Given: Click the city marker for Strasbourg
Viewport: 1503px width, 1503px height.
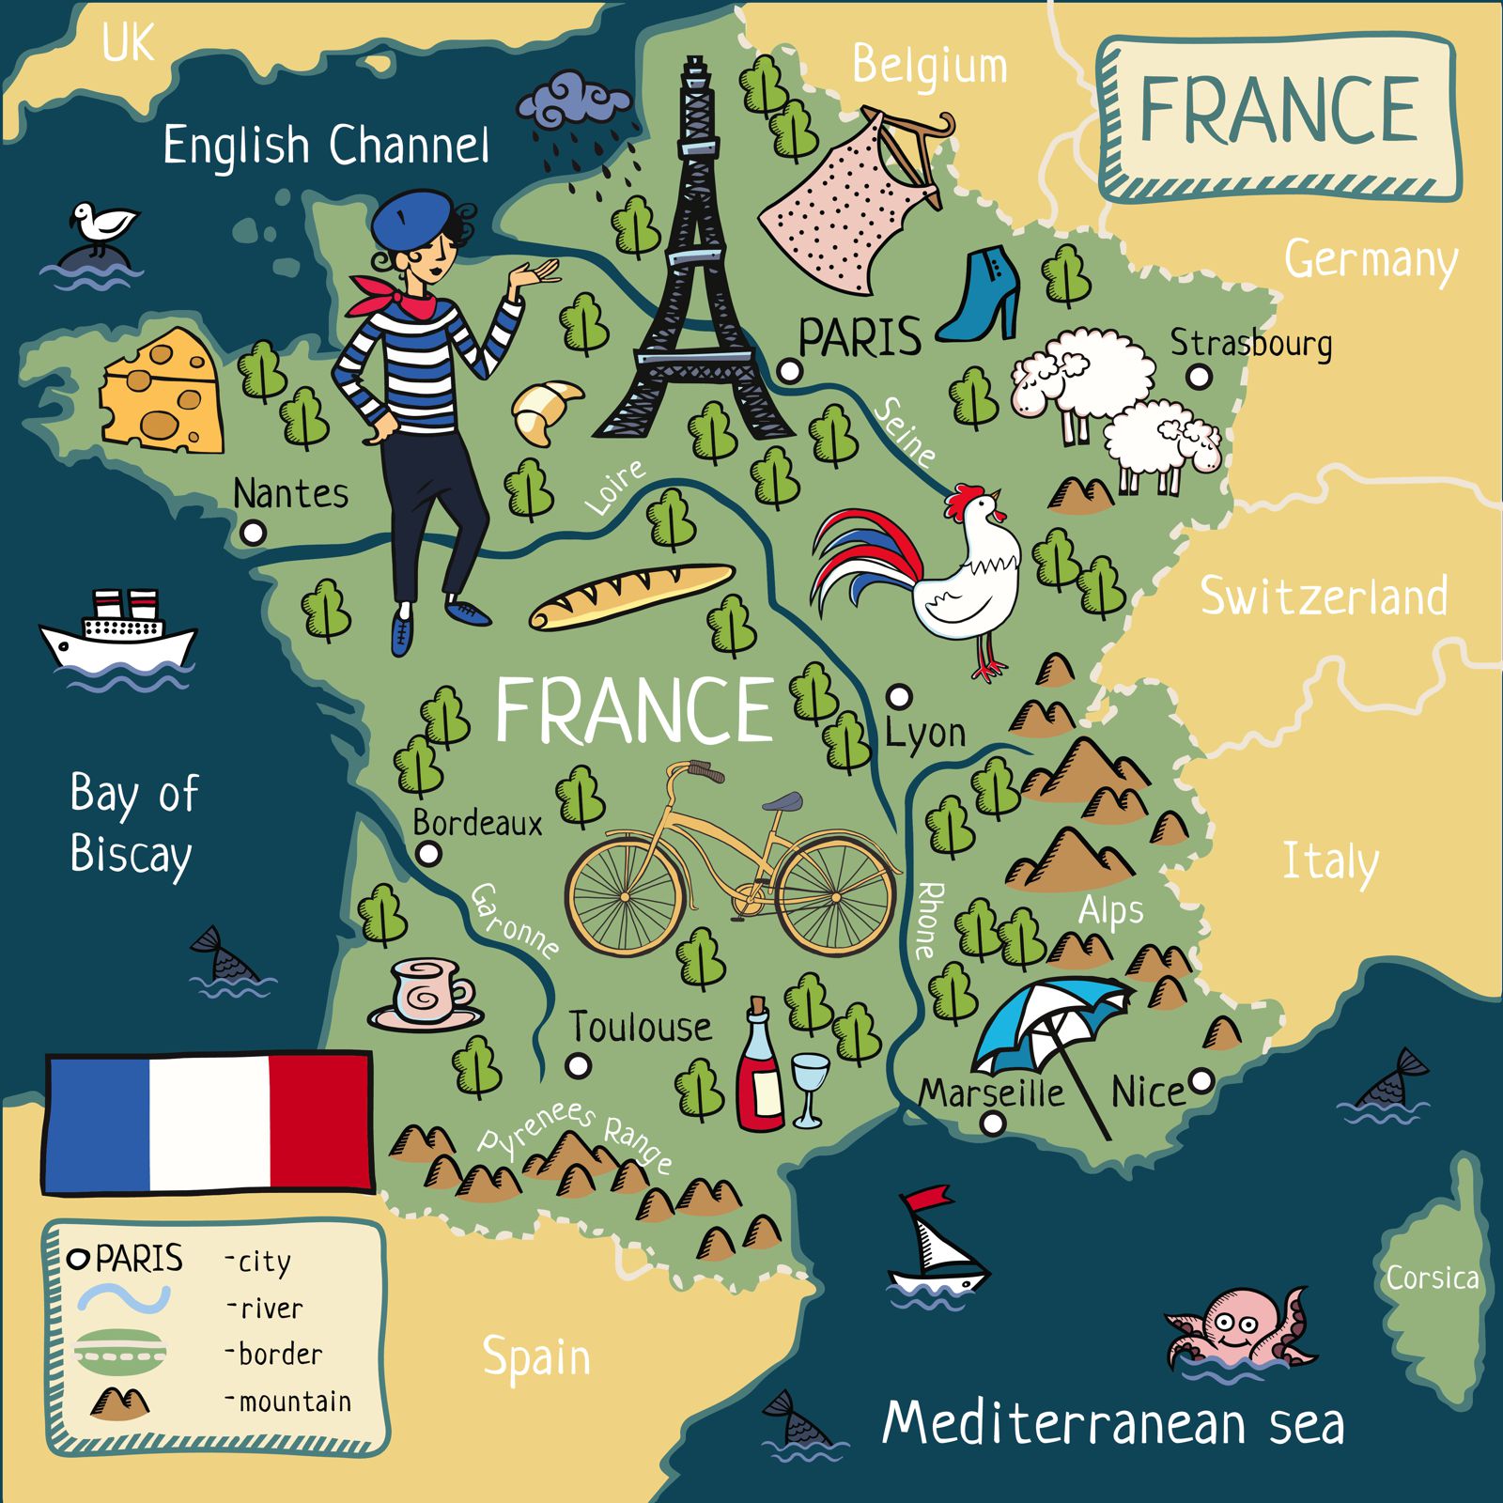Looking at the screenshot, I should [x=1198, y=377].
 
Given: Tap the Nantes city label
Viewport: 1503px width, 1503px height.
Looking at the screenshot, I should [x=290, y=493].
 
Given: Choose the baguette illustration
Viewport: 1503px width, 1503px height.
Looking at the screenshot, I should [x=631, y=596].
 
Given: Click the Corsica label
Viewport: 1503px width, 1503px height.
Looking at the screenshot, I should [x=1432, y=1278].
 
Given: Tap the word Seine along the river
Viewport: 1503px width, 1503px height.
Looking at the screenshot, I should [x=905, y=433].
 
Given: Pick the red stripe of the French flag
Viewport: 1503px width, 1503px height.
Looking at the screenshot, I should [x=319, y=1122].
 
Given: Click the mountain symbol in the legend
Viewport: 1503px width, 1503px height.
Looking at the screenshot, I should [x=120, y=1402].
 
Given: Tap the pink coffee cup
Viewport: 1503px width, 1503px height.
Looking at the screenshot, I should [x=428, y=992].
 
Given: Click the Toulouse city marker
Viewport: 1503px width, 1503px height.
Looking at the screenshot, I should [x=579, y=1065].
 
